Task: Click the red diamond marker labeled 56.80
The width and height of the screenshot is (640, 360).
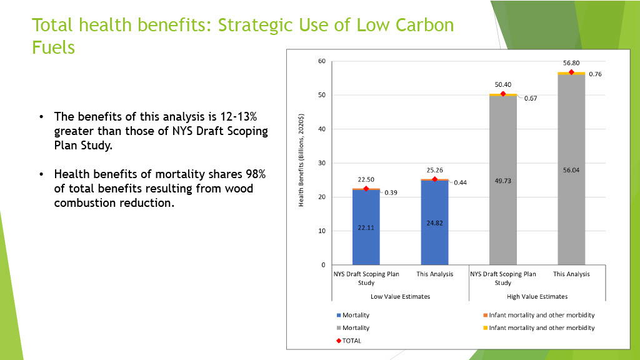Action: (571, 72)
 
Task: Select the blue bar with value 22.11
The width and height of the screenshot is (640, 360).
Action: (366, 227)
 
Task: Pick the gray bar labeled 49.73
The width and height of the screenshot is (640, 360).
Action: (503, 181)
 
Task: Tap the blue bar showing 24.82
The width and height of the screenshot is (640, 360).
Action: (435, 223)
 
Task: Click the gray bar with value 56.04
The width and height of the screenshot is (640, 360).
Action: (571, 170)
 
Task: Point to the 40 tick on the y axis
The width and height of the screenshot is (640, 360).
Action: (322, 129)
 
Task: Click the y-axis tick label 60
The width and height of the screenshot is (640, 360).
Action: (322, 61)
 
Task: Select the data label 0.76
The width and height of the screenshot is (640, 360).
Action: (595, 74)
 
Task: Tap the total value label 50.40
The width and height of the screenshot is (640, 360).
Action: (503, 84)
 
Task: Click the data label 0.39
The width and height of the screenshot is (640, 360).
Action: (391, 192)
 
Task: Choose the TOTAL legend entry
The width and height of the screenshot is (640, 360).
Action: (349, 341)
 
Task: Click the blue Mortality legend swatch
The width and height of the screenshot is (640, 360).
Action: (339, 315)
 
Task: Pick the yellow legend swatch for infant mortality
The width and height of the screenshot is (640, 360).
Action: (485, 327)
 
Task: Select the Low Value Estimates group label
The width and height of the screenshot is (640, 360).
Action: (401, 297)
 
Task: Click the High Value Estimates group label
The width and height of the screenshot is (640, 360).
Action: (537, 297)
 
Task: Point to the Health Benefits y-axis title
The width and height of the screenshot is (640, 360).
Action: (301, 160)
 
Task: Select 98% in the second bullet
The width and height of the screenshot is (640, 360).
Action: (256, 174)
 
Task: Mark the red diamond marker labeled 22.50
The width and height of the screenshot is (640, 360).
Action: (366, 189)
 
